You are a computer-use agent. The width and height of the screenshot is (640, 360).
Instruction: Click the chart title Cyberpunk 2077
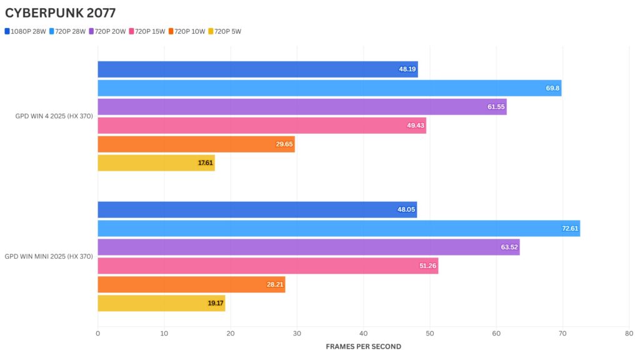[x=60, y=12]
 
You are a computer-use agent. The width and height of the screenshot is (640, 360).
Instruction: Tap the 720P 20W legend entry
[x=109, y=31]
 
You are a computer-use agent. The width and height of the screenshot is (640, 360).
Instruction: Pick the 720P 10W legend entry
[x=190, y=31]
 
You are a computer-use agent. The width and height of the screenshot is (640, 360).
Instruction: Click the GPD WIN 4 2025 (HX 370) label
[x=54, y=116]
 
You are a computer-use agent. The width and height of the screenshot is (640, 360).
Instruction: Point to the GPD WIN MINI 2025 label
[x=49, y=256]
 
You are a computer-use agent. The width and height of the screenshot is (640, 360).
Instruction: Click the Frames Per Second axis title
[x=363, y=346]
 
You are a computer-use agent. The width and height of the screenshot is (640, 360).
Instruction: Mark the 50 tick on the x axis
[x=430, y=334]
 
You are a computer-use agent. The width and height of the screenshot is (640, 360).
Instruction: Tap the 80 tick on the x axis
[x=629, y=334]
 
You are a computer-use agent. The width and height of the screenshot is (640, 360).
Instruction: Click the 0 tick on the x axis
[x=98, y=334]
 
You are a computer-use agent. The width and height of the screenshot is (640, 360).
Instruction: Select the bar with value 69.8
[x=329, y=88]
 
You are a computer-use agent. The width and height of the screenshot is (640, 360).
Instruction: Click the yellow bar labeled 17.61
[x=156, y=163]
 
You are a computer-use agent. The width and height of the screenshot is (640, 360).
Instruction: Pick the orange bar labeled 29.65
[x=196, y=144]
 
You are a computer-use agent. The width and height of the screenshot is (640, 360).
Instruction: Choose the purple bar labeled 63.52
[x=309, y=247]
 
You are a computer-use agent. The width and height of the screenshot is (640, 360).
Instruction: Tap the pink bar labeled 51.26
[x=268, y=266]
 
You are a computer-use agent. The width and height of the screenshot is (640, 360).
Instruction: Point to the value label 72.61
[x=570, y=229]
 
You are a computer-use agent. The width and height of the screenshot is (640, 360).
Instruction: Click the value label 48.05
[x=406, y=210]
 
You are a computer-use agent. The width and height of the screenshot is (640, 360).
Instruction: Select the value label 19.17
[x=216, y=304]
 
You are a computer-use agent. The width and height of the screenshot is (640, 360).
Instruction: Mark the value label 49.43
[x=416, y=126]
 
